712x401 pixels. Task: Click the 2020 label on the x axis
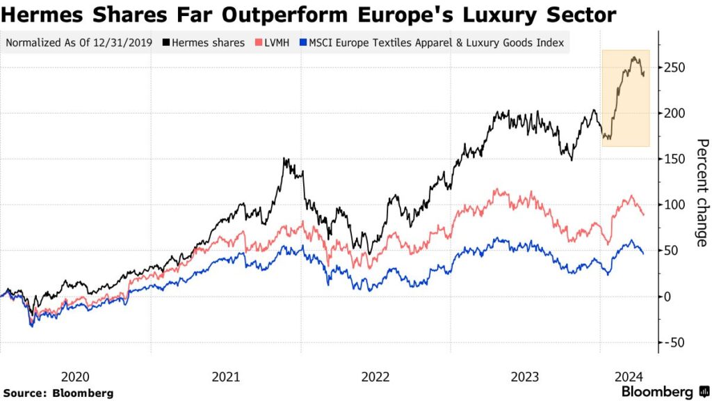(75, 377)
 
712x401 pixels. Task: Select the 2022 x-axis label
(375, 377)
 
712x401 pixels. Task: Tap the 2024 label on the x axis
(628, 377)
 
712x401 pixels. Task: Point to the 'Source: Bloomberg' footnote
(58, 393)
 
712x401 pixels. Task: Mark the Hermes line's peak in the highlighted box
(633, 58)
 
